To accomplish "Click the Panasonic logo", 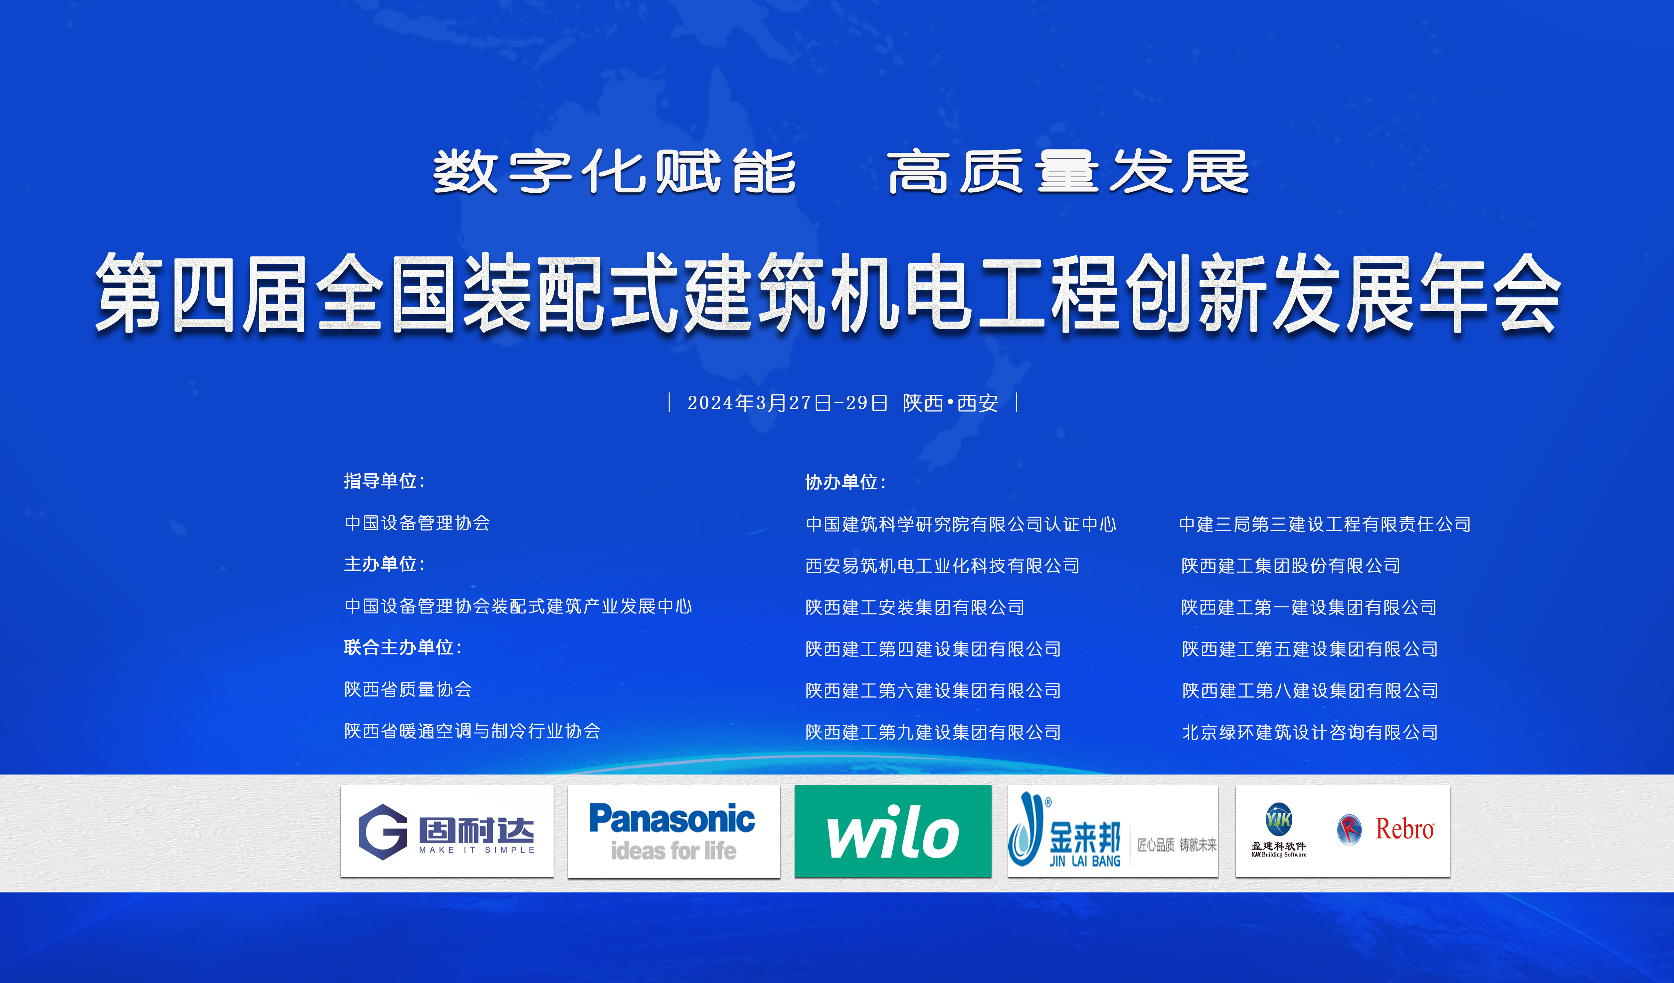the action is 672,832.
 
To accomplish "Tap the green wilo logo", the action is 893,832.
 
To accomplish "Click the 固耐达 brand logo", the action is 447,832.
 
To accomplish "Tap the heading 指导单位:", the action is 384,481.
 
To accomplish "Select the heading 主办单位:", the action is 384,564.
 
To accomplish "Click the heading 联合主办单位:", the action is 403,647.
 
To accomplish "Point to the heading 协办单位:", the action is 845,482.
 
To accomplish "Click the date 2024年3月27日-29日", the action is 787,403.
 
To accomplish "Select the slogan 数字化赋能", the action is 615,172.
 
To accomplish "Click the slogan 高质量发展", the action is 1068,172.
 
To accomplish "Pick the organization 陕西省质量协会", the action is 408,689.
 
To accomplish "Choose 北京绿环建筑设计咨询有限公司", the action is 1310,732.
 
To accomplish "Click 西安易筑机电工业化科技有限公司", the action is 943,566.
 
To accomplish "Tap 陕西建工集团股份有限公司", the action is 1291,566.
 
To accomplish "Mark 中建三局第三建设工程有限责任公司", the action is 1325,524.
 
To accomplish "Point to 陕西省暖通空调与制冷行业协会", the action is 472,731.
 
